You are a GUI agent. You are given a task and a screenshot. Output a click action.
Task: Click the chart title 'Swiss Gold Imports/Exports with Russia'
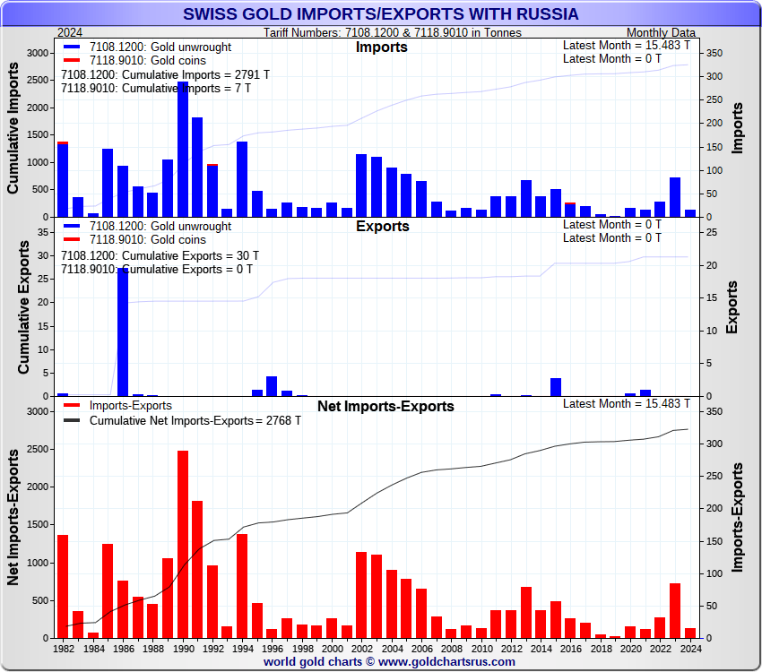pyautogui.click(x=381, y=14)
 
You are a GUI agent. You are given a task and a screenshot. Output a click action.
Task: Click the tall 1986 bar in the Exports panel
pyautogui.click(x=123, y=332)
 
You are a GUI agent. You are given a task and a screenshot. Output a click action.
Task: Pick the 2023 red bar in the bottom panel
pyautogui.click(x=675, y=610)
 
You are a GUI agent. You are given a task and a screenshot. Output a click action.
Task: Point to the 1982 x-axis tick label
pyautogui.click(x=64, y=647)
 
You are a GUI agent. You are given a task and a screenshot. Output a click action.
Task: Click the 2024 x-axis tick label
pyautogui.click(x=690, y=647)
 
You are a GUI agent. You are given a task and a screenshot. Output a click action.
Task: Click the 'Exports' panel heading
pyautogui.click(x=382, y=227)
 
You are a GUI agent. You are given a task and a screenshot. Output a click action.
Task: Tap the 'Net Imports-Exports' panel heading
pyautogui.click(x=385, y=407)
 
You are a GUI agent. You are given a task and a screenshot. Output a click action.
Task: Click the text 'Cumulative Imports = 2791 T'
pyautogui.click(x=165, y=75)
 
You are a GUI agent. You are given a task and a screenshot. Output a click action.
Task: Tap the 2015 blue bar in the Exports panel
pyautogui.click(x=556, y=387)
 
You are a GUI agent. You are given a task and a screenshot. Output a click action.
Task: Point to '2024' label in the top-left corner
pyautogui.click(x=70, y=32)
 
